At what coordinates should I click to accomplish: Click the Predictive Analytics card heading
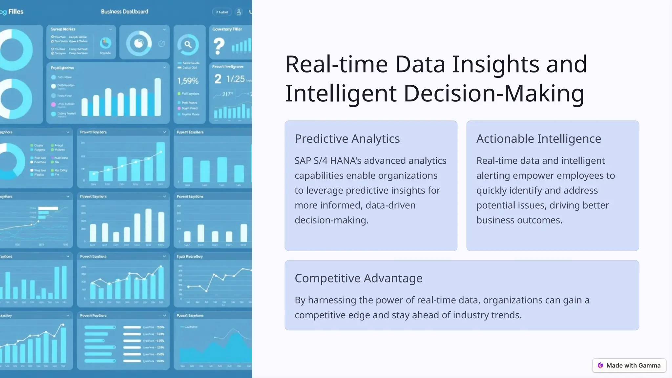point(347,139)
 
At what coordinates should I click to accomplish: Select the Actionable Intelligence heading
point(538,139)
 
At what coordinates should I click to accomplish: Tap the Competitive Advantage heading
point(358,278)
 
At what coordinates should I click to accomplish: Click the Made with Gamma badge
point(629,366)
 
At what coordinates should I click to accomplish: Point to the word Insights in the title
point(495,64)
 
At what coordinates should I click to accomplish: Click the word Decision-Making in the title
point(493,94)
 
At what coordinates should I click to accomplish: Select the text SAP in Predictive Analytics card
point(303,161)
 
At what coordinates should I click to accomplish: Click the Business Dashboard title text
point(124,11)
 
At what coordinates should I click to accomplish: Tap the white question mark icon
point(219,46)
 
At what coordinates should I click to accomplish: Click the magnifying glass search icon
point(188,45)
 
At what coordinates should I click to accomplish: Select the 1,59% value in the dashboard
point(188,81)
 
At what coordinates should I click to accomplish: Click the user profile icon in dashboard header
point(239,12)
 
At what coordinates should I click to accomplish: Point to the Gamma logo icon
point(600,366)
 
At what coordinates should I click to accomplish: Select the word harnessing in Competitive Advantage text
point(331,300)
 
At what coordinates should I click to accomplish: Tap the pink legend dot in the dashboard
point(53,104)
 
